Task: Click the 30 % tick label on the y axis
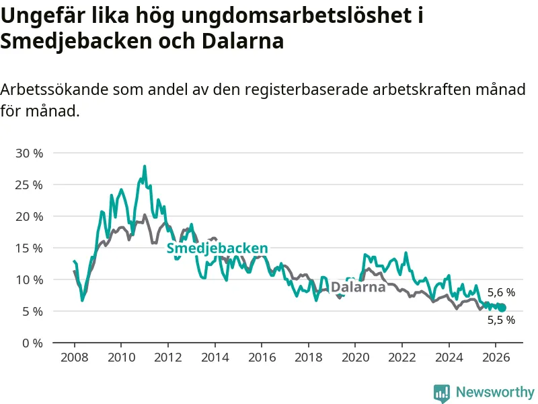[x=29, y=154]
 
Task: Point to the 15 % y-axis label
[x=29, y=248]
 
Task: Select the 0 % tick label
[x=32, y=343]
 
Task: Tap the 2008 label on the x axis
[x=74, y=358]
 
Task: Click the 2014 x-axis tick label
[x=215, y=358]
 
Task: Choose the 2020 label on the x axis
[x=356, y=358]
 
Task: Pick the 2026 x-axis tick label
[x=496, y=358]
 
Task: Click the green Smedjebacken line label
[x=217, y=248]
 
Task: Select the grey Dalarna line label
[x=358, y=287]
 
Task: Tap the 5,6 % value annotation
[x=501, y=292]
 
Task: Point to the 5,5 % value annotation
[x=501, y=320]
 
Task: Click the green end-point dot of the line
[x=502, y=308]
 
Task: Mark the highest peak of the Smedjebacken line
[x=145, y=166]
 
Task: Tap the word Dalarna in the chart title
[x=243, y=41]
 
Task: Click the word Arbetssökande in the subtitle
[x=54, y=90]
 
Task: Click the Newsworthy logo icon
[x=442, y=393]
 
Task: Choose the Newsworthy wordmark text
[x=495, y=392]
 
